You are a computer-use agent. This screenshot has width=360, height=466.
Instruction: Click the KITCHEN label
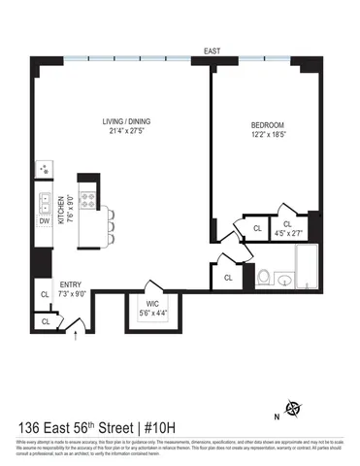coord(61,209)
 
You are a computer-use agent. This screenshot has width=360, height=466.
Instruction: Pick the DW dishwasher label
coord(44,221)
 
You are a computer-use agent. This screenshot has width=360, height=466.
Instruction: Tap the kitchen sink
coord(44,203)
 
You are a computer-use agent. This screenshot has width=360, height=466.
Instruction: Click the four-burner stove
coord(88,202)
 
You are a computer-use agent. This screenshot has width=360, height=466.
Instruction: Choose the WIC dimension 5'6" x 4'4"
coord(152,300)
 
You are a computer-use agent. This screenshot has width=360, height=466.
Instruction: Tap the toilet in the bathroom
coord(263,279)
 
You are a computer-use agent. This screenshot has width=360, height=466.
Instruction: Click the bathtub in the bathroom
coord(308,269)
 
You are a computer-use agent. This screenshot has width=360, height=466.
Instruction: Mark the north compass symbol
coord(296,409)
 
